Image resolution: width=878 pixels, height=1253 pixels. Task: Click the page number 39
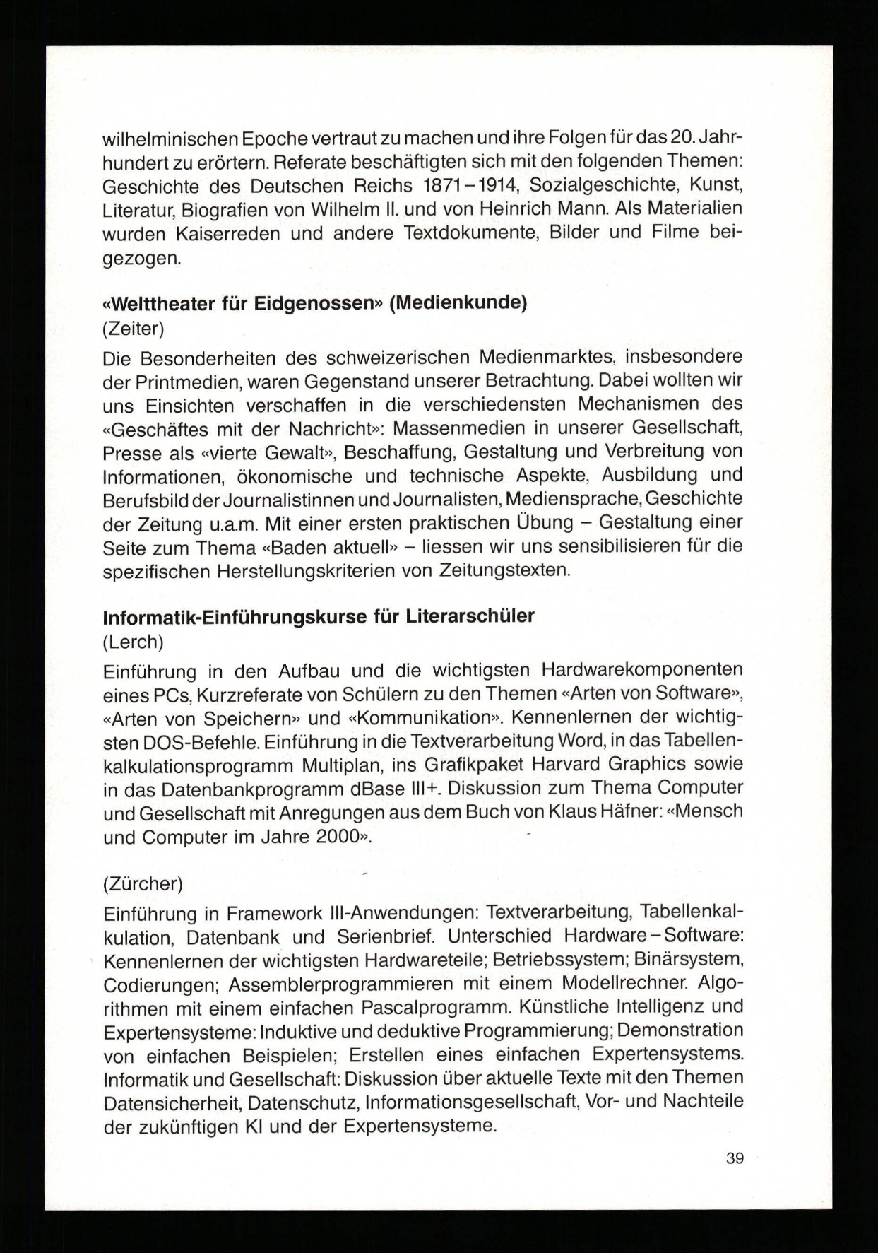(x=735, y=1158)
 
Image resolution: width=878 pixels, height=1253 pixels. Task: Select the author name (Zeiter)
(x=134, y=328)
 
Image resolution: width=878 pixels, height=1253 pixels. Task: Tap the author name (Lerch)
(x=133, y=641)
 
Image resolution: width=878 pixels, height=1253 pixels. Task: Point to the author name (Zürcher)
(x=143, y=883)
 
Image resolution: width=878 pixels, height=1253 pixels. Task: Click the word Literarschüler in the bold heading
(x=470, y=616)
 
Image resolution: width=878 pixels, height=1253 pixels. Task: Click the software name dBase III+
(x=391, y=789)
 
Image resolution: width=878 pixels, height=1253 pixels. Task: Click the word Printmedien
(x=189, y=382)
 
